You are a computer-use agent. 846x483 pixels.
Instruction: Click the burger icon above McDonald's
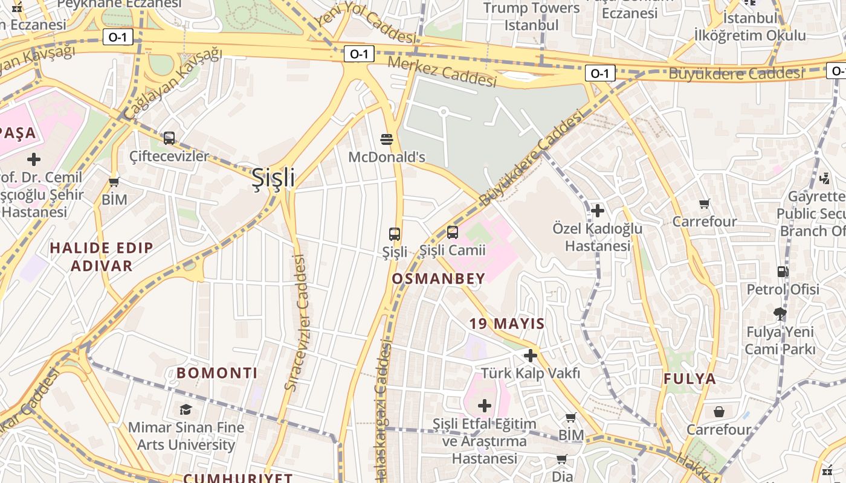pyautogui.click(x=387, y=139)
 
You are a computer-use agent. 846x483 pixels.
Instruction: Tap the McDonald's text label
pyautogui.click(x=387, y=158)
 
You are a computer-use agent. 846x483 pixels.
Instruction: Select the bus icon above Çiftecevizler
pyautogui.click(x=169, y=138)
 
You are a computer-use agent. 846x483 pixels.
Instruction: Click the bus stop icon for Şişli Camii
pyautogui.click(x=453, y=232)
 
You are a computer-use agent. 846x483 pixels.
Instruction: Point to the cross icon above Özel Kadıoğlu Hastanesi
pyautogui.click(x=598, y=211)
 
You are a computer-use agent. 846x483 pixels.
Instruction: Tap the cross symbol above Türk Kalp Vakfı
pyautogui.click(x=531, y=356)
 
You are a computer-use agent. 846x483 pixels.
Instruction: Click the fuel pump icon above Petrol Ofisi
pyautogui.click(x=783, y=272)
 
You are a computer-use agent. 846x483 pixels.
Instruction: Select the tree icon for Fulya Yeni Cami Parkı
pyautogui.click(x=780, y=313)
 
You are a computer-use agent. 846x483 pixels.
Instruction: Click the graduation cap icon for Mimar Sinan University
pyautogui.click(x=186, y=410)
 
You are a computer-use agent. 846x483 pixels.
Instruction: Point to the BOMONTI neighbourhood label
pyautogui.click(x=218, y=373)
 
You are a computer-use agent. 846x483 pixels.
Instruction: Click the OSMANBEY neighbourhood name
pyautogui.click(x=439, y=278)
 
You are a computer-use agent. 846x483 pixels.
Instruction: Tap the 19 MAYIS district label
pyautogui.click(x=507, y=324)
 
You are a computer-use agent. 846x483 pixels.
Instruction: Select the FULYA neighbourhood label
pyautogui.click(x=690, y=379)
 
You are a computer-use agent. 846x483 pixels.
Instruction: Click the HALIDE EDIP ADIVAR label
pyautogui.click(x=102, y=257)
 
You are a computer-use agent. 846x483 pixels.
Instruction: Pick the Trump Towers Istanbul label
pyautogui.click(x=532, y=16)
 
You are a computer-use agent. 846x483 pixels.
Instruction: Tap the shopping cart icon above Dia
pyautogui.click(x=562, y=459)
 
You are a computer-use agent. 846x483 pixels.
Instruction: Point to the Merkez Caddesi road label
pyautogui.click(x=442, y=71)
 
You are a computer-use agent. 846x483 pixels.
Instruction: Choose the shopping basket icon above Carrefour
pyautogui.click(x=719, y=412)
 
